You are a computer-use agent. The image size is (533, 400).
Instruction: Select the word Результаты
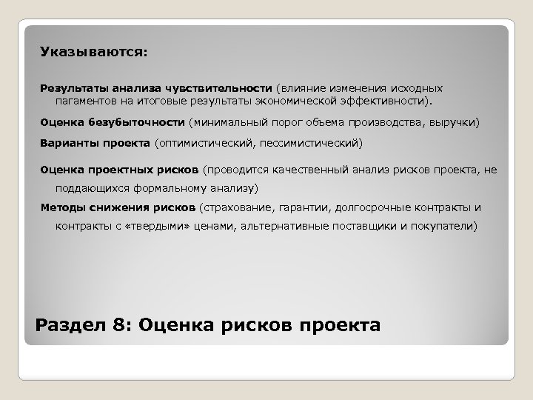(72, 87)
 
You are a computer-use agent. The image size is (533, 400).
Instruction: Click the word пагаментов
(85, 99)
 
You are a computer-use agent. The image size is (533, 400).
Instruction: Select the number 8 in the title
(110, 324)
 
